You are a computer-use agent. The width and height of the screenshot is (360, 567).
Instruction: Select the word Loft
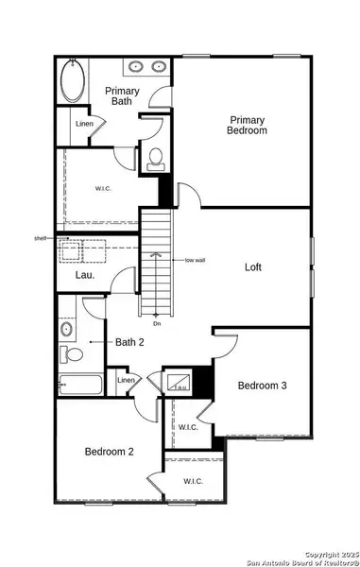pyautogui.click(x=252, y=267)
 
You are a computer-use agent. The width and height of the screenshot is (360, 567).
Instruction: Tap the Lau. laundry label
pyautogui.click(x=81, y=276)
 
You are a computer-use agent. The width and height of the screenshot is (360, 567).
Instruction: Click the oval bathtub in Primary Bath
pyautogui.click(x=73, y=81)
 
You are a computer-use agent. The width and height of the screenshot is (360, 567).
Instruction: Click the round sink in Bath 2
pyautogui.click(x=67, y=330)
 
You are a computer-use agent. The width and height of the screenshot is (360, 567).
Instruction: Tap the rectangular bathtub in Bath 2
pyautogui.click(x=79, y=385)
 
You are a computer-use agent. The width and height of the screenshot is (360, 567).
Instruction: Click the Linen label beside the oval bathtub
pyautogui.click(x=71, y=124)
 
